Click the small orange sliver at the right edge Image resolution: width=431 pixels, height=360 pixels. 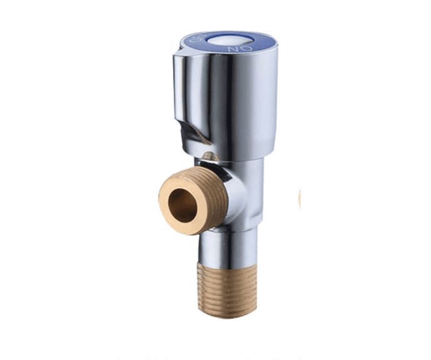click(299, 199)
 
